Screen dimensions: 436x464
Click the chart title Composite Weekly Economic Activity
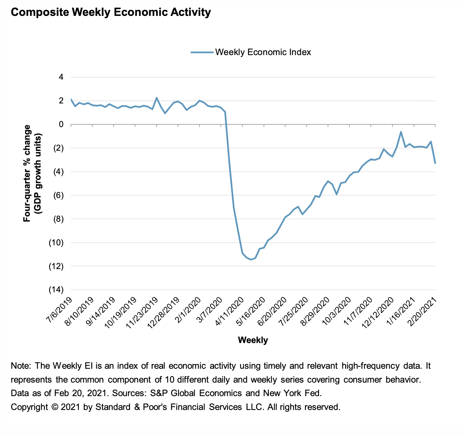point(111,13)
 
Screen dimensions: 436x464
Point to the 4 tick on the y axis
point(61,77)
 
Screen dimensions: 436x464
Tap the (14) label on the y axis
point(57,290)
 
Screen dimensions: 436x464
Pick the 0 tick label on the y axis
point(61,124)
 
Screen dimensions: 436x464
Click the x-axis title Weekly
point(253,340)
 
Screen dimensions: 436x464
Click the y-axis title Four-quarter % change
point(27,173)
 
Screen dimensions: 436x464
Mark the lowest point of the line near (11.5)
point(251,260)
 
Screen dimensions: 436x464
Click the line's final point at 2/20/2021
point(435,163)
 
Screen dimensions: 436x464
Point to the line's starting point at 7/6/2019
point(71,99)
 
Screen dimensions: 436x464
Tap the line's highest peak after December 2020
point(401,132)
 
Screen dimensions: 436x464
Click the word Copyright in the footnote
point(29,407)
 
